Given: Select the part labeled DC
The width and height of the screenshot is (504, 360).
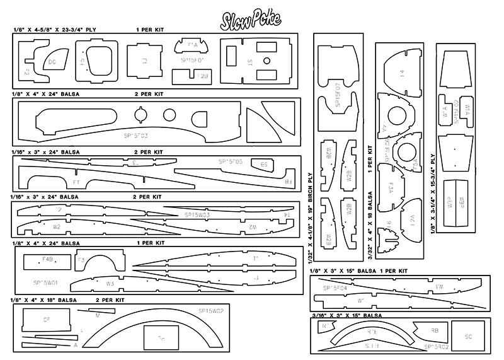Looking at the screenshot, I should pyautogui.click(x=54, y=61).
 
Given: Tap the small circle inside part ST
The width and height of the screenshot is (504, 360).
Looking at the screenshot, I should pyautogui.click(x=266, y=62).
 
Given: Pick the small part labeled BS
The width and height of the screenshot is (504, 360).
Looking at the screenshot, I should pyautogui.click(x=264, y=164).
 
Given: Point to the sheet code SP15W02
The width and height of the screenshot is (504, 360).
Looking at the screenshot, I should pyautogui.click(x=202, y=311).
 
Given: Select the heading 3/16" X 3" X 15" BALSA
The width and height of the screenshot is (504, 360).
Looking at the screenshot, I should pyautogui.click(x=346, y=315).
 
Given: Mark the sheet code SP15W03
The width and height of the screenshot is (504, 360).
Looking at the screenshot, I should pyautogui.click(x=201, y=215).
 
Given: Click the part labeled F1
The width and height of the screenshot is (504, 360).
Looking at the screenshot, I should pyautogui.click(x=144, y=62).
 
